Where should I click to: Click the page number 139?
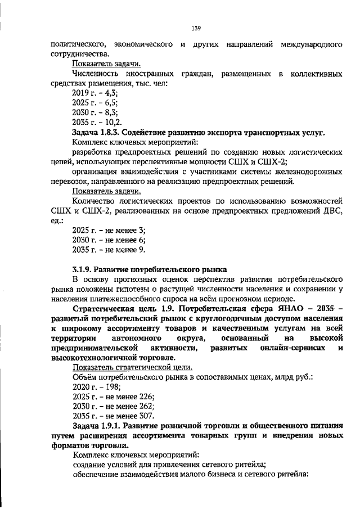click(196, 28)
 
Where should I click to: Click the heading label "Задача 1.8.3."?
click(98, 132)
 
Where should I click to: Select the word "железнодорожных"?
click(308, 172)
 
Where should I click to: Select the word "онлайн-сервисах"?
click(292, 348)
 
